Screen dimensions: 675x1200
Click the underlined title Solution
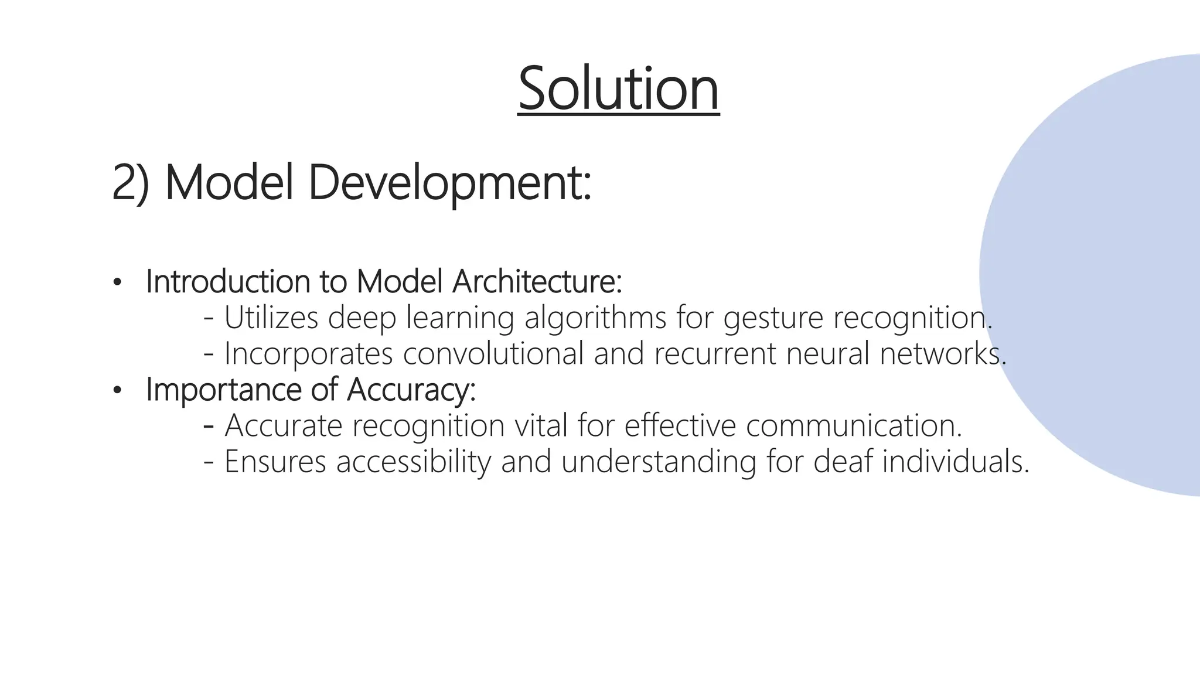point(618,89)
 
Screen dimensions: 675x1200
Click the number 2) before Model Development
point(131,183)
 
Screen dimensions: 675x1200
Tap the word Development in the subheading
point(449,183)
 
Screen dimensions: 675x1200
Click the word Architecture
point(537,282)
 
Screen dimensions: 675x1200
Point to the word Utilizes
point(271,318)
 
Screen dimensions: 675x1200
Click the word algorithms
point(595,318)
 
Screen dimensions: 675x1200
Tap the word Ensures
point(275,462)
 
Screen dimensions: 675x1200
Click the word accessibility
point(414,462)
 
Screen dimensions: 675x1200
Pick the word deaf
point(842,462)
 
